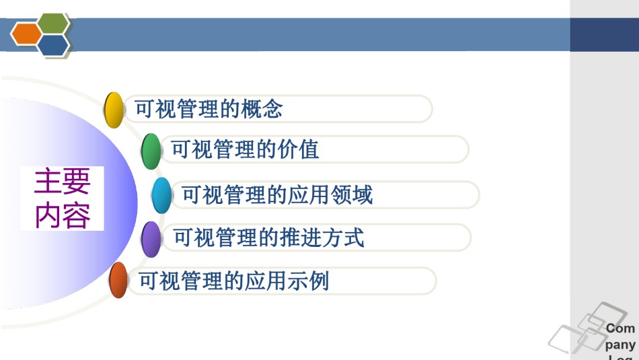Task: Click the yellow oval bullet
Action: pos(114,110)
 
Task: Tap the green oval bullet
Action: pos(151,151)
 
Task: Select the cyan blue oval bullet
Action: pos(162,195)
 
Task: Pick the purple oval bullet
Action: pos(151,240)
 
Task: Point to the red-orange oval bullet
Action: pos(118,280)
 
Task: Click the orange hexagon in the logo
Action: pos(26,34)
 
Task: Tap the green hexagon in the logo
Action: pos(54,24)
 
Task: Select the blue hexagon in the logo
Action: pos(54,45)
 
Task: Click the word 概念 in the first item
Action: pos(262,109)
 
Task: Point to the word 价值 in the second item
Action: pos(298,149)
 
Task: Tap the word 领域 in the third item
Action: pos(352,194)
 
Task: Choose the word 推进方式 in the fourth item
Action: pos(322,238)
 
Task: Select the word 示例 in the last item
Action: pos(309,281)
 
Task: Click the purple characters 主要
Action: pos(63,182)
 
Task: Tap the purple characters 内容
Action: pos(63,215)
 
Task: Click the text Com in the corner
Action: pos(620,328)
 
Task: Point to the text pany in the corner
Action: pos(620,345)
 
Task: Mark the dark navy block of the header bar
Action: pos(605,35)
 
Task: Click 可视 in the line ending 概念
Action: pos(156,109)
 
